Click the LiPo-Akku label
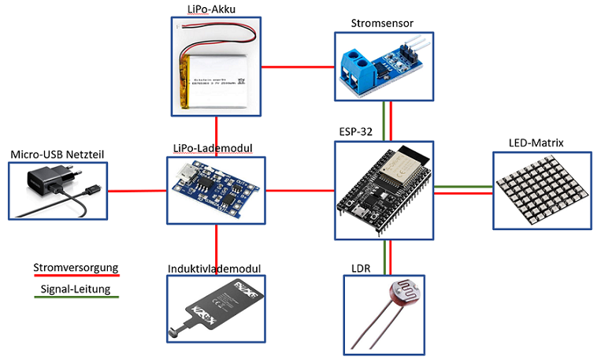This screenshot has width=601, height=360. (215, 9)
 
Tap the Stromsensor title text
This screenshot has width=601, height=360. (382, 23)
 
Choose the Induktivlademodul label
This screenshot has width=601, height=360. (213, 268)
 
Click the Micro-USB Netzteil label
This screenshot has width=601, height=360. (57, 153)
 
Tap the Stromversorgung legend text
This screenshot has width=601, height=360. (75, 268)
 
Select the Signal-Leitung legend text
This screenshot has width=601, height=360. (75, 289)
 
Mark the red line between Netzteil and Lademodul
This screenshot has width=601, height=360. (139, 191)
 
